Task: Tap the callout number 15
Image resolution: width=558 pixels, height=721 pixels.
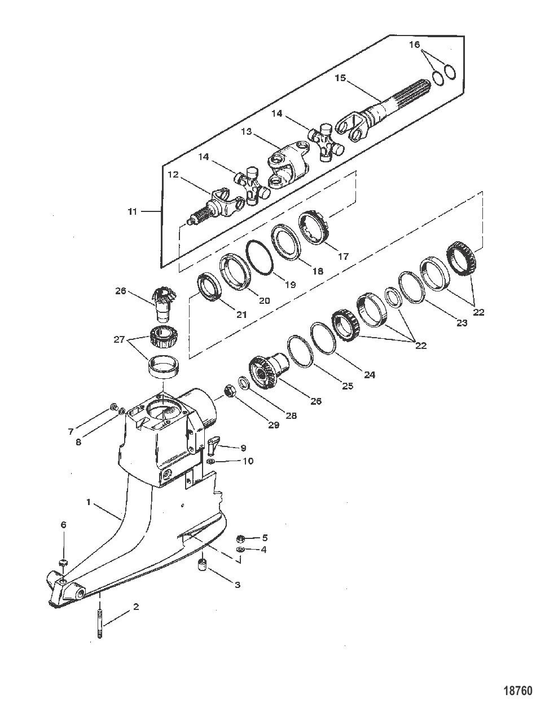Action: (340, 77)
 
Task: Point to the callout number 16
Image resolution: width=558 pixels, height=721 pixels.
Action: (415, 45)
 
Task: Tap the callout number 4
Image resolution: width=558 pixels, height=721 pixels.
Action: (264, 549)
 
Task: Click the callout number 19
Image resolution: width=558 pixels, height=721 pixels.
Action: (289, 285)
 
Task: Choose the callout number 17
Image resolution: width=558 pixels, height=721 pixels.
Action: (343, 256)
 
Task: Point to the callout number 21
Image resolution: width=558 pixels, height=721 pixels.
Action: (241, 315)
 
